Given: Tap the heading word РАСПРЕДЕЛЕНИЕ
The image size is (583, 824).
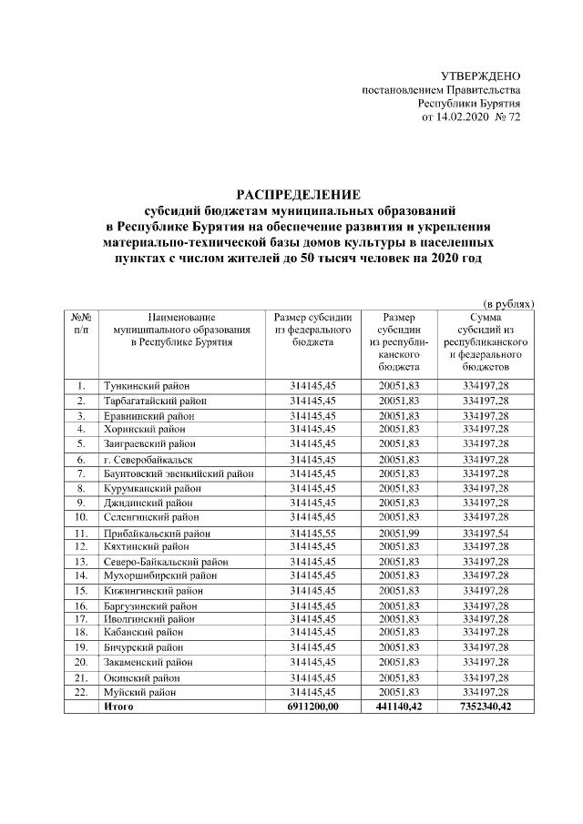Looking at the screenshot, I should click(x=299, y=194).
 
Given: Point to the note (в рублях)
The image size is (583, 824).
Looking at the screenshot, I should click(x=507, y=302).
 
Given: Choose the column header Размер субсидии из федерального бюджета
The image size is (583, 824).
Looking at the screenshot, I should click(x=312, y=329).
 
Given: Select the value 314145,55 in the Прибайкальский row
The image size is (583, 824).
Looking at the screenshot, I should click(x=313, y=533).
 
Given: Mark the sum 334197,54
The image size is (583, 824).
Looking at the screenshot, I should click(x=486, y=533).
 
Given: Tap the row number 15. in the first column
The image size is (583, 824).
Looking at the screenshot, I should click(x=81, y=591).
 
